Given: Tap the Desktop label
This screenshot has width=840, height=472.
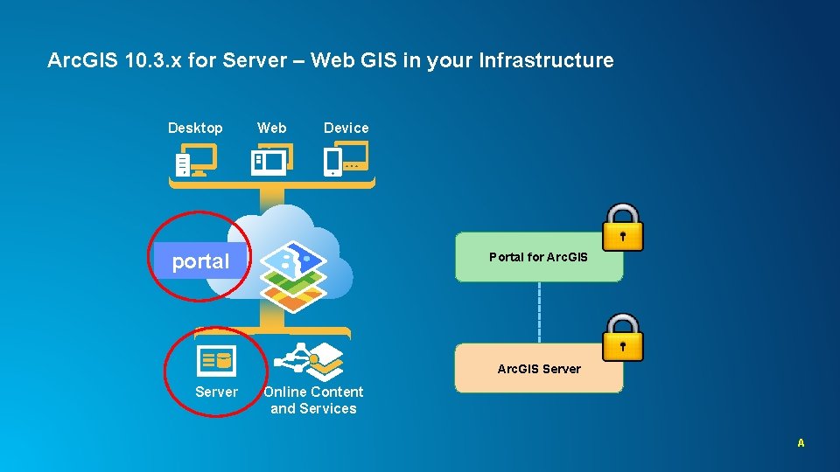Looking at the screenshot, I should pyautogui.click(x=195, y=128).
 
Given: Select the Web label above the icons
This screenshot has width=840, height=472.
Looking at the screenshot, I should pyautogui.click(x=271, y=128).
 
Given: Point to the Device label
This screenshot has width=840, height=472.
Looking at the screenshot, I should pyautogui.click(x=346, y=128).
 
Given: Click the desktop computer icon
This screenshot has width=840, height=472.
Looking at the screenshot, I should pyautogui.click(x=195, y=161).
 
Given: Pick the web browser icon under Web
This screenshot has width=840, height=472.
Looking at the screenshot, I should pyautogui.click(x=270, y=160).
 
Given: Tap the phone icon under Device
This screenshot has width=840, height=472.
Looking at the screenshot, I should pyautogui.click(x=333, y=161).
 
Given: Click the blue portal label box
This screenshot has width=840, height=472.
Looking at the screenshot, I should pyautogui.click(x=201, y=260).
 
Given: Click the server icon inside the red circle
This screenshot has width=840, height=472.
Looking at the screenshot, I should pyautogui.click(x=216, y=358).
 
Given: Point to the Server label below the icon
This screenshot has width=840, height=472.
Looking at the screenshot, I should pyautogui.click(x=216, y=392).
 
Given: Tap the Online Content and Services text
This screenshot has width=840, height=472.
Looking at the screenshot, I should pyautogui.click(x=313, y=400).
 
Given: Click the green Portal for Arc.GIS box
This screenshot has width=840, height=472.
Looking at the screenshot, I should pyautogui.click(x=539, y=257).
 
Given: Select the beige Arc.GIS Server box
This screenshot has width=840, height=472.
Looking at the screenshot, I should pyautogui.click(x=539, y=369).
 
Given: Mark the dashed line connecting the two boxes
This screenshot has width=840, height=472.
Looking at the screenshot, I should pyautogui.click(x=539, y=312).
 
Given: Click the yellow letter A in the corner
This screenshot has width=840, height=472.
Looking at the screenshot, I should pyautogui.click(x=801, y=443).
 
